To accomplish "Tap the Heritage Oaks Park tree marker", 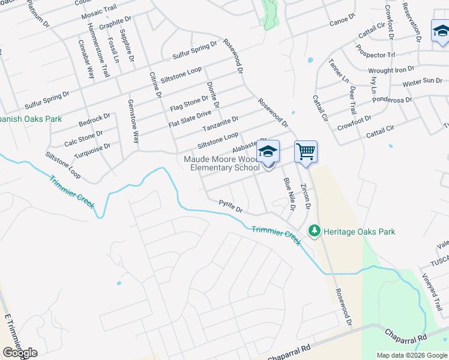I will coord(314,231).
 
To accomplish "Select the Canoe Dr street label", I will coord(342,23).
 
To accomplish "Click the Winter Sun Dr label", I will coord(422,82).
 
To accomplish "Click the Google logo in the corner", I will coord(20,353).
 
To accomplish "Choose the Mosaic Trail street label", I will coord(100,13).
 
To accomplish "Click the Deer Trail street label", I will coord(353,100).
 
